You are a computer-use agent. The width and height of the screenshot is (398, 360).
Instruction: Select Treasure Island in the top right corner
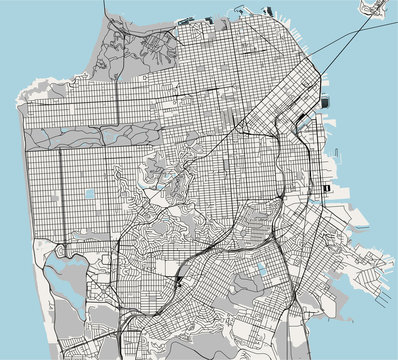pos(379,9)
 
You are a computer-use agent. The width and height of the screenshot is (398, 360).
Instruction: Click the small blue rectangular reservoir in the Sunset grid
pos(90,194)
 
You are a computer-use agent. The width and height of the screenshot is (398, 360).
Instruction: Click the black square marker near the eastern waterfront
pos(326,187)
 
